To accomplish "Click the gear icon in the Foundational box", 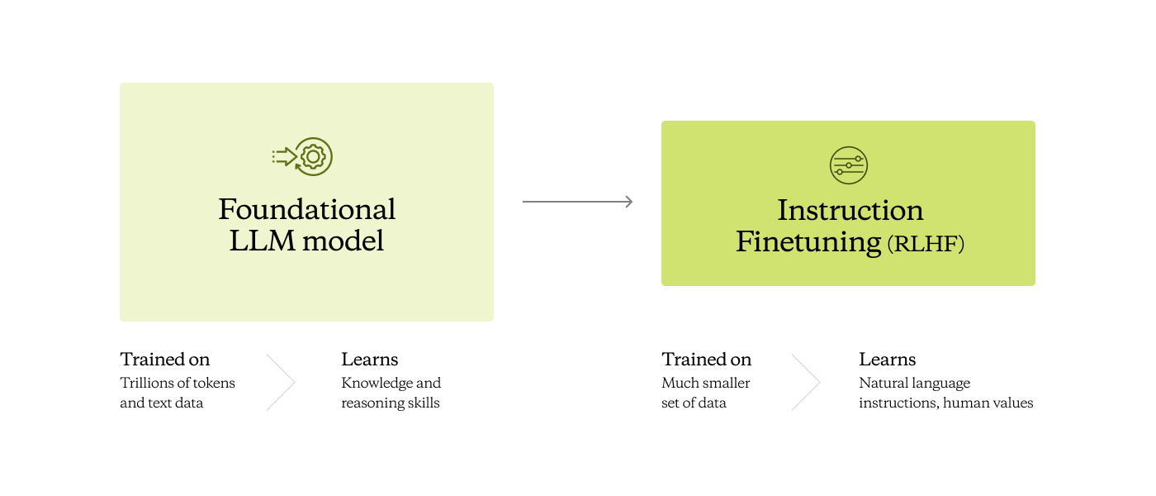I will pyautogui.click(x=313, y=156).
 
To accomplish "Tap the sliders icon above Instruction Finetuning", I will pyautogui.click(x=848, y=165).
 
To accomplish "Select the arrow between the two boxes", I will pyautogui.click(x=577, y=202).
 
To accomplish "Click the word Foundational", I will pyautogui.click(x=307, y=209).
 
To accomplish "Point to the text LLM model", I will pyautogui.click(x=306, y=241).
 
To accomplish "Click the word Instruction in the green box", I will pyautogui.click(x=850, y=210).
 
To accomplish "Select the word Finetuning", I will pyautogui.click(x=808, y=242).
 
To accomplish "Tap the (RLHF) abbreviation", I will pyautogui.click(x=926, y=245).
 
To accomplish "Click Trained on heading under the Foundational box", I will pyautogui.click(x=165, y=360).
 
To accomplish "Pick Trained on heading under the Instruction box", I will pyautogui.click(x=706, y=360).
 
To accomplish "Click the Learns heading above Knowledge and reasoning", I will pyautogui.click(x=370, y=360).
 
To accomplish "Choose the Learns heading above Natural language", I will pyautogui.click(x=887, y=360).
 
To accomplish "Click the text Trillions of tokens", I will pyautogui.click(x=178, y=383).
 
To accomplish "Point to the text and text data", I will pyautogui.click(x=162, y=403).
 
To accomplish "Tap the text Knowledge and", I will pyautogui.click(x=391, y=383).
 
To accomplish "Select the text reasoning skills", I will pyautogui.click(x=391, y=403).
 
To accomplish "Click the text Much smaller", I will pyautogui.click(x=706, y=383).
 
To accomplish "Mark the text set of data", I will pyautogui.click(x=694, y=403).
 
